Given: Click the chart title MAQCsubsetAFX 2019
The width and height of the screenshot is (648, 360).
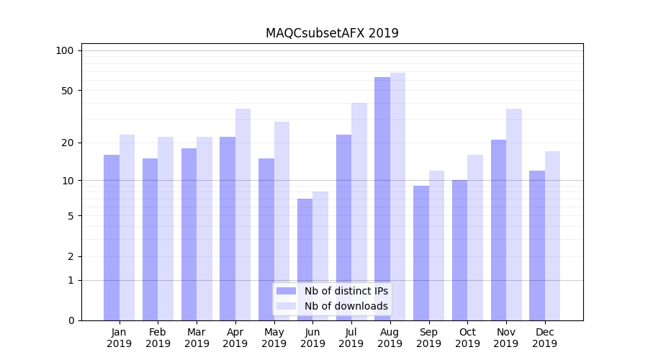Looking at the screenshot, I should coord(332,33).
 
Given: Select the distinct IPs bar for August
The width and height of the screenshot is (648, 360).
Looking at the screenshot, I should coord(382,198).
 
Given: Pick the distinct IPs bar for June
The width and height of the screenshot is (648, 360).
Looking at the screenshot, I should coord(305,259).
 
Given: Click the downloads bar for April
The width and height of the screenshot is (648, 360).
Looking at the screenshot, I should coord(243,214).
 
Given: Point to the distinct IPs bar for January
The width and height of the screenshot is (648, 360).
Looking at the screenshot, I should coord(112,238).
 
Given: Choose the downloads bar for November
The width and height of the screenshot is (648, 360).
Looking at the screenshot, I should coord(514,214).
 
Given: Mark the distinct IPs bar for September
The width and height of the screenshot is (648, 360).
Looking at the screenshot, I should coord(421,253).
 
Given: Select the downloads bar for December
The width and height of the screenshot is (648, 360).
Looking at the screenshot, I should coord(552,235).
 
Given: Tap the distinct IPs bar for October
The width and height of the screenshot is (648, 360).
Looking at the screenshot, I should coord(460,250).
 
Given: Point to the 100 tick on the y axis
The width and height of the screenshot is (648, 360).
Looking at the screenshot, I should coord(65,50).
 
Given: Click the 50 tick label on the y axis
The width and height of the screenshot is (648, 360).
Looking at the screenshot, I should coord(68,91).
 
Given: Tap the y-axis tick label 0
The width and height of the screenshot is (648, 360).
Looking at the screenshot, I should coord(71,320).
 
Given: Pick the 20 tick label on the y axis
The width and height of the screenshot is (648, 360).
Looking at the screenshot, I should coord(68,143).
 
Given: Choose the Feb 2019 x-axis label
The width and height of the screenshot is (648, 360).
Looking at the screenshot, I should coord(158,338).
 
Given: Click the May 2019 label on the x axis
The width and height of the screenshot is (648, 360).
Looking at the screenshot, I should coord(274,338).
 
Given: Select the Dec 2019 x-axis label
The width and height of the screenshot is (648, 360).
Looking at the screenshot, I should coord(544,338).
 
